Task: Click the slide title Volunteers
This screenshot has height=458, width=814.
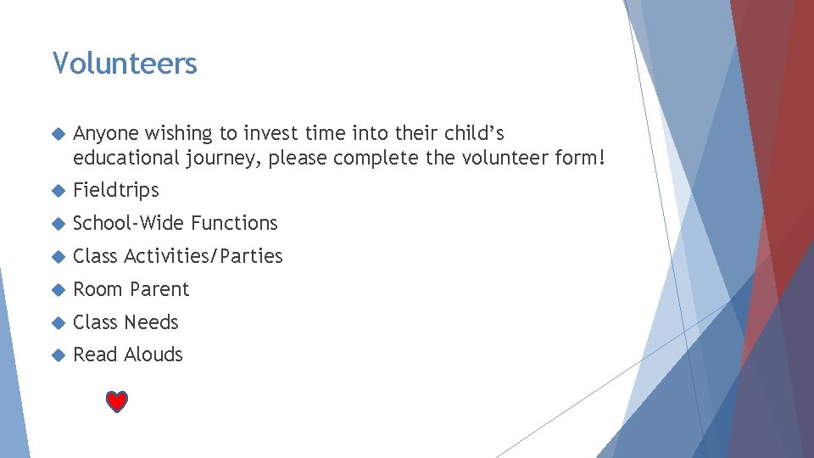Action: point(125,64)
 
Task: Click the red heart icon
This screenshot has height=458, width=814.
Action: point(117,402)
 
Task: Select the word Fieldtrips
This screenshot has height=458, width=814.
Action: point(116,190)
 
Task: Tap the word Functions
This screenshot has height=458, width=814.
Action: point(234,223)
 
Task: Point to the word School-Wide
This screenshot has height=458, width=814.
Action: point(129,223)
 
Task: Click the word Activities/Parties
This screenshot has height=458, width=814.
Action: point(203,256)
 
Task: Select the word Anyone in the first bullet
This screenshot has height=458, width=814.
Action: point(106,134)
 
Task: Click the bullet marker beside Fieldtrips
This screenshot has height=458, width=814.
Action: point(58,191)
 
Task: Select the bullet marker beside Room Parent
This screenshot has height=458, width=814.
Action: point(58,290)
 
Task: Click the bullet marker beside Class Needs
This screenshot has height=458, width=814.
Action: point(58,323)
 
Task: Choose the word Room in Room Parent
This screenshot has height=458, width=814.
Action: point(96,289)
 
